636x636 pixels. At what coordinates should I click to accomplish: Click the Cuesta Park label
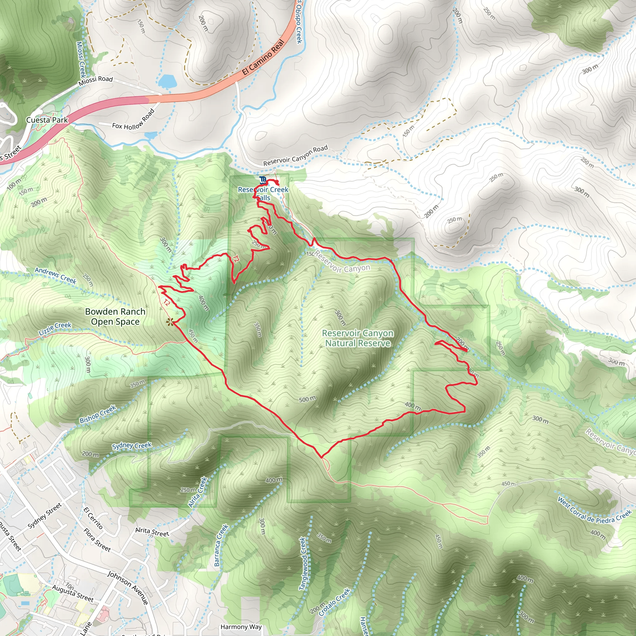[x=47, y=120]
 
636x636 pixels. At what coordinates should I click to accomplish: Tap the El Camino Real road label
[x=263, y=57]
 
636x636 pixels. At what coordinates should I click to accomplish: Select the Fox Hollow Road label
[x=133, y=120]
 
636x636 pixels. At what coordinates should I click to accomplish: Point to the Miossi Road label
[x=95, y=81]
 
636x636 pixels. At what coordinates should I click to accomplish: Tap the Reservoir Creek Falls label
[x=263, y=193]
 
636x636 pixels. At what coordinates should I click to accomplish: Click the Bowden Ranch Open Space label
[x=115, y=316]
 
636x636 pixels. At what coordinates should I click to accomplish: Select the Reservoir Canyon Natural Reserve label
[x=357, y=338]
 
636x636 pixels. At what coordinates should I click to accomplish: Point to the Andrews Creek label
[x=56, y=275]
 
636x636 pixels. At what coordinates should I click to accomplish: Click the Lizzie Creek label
[x=55, y=329]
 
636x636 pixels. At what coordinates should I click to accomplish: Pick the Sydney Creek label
[x=132, y=446]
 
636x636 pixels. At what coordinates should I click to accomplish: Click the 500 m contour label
[x=307, y=399]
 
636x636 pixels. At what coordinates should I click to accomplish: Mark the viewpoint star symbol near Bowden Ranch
[x=170, y=322]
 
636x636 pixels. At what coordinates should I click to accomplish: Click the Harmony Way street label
[x=241, y=627]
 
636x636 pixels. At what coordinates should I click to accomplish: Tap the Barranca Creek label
[x=221, y=545]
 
